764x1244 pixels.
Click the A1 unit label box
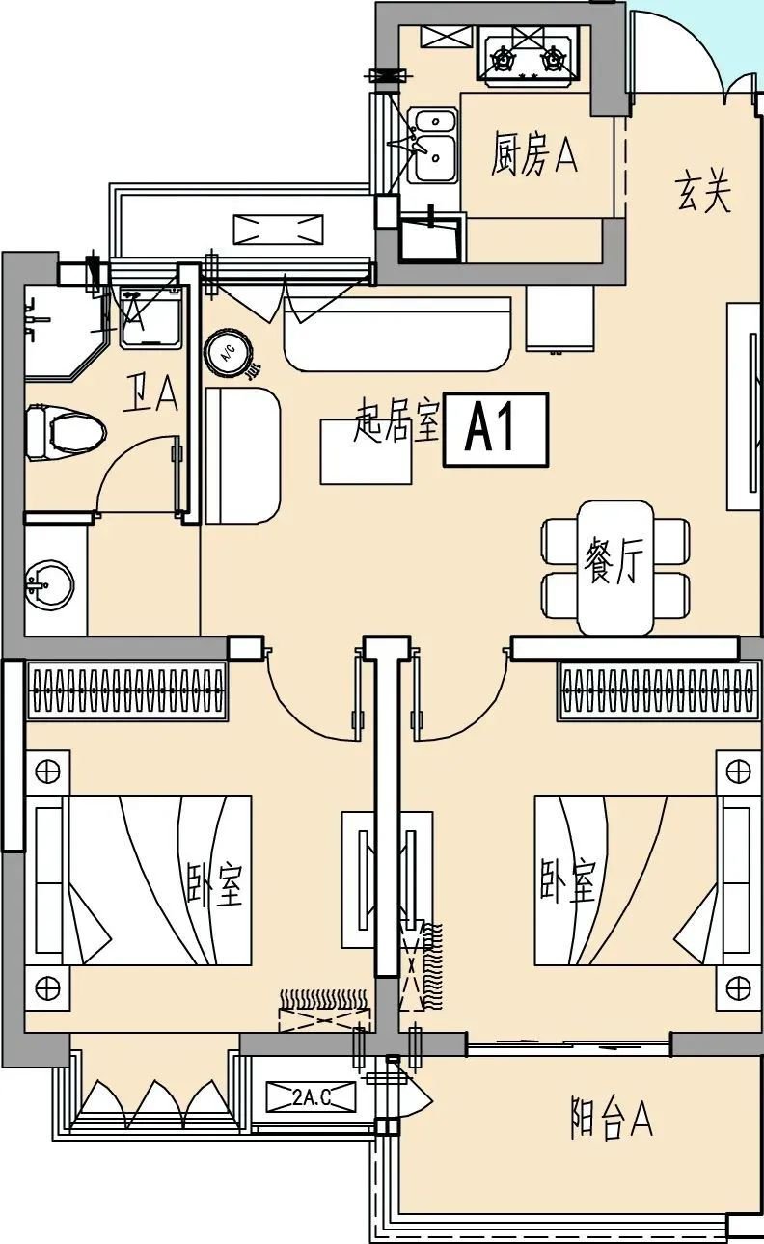pyautogui.click(x=495, y=430)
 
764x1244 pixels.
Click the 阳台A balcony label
pyautogui.click(x=612, y=1121)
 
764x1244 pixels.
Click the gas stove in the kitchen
pyautogui.click(x=527, y=57)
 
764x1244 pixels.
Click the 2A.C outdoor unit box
pyautogui.click(x=312, y=1096)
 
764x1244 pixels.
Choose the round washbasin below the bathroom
pyautogui.click(x=47, y=583)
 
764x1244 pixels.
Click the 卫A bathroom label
pyautogui.click(x=151, y=393)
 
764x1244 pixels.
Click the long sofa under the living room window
pyautogui.click(x=396, y=333)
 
